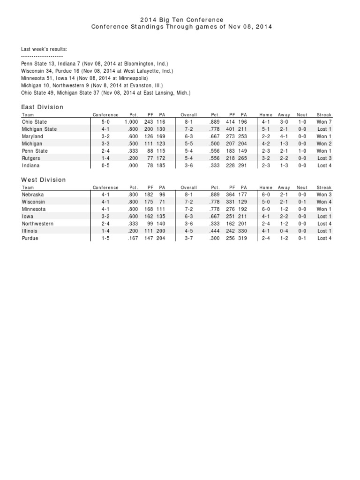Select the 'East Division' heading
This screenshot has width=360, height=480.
click(42, 107)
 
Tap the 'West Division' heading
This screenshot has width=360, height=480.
click(44, 180)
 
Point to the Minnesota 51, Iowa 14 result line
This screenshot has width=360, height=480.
click(84, 78)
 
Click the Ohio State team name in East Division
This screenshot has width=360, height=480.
click(34, 122)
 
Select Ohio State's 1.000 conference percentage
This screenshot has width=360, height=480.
click(131, 122)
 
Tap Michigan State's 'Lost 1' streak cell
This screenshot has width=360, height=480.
click(324, 129)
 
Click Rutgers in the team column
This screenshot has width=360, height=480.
click(31, 158)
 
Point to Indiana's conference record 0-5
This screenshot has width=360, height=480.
click(105, 165)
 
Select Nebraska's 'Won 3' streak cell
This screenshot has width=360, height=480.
click(324, 195)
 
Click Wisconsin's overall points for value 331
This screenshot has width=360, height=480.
click(230, 202)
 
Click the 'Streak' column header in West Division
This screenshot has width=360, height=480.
click(324, 187)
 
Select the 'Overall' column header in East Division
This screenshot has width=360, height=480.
click(188, 115)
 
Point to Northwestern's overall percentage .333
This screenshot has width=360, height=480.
click(214, 224)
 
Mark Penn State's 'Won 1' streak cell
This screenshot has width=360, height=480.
click(324, 151)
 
